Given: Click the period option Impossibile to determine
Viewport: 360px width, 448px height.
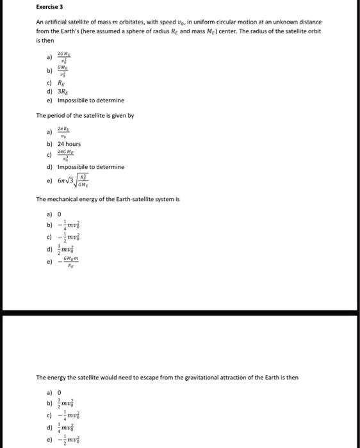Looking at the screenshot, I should click(x=90, y=167).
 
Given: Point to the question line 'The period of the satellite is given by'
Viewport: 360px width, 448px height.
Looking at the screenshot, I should click(x=85, y=115).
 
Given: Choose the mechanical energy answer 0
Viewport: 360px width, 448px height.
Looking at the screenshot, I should click(x=60, y=214).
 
